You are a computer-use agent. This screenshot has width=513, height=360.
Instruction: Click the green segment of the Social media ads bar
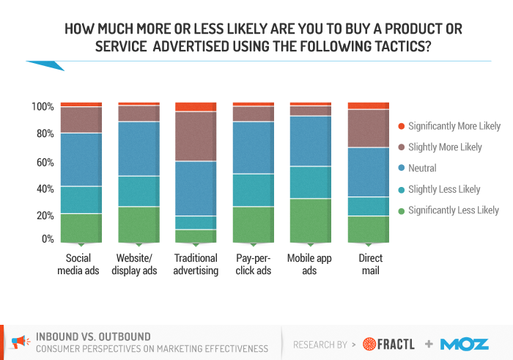coord(81,227)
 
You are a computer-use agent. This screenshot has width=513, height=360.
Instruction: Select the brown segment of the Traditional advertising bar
coord(196,136)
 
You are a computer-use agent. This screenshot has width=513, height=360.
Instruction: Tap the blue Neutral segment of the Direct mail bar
coord(369,172)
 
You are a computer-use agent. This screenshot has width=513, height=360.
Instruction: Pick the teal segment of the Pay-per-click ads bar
coord(253,190)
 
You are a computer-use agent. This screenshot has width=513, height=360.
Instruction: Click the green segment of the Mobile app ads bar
coord(311,220)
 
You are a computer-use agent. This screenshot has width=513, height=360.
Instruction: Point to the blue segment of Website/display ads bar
coord(139,148)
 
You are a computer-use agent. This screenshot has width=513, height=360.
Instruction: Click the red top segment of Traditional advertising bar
coord(196,107)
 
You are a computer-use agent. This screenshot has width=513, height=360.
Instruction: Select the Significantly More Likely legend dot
coord(400,126)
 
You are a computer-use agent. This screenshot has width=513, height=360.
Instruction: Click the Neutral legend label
coord(422,168)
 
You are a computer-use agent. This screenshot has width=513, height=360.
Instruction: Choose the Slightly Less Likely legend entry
coord(443,189)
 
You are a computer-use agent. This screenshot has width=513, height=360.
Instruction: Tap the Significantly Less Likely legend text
coord(453,210)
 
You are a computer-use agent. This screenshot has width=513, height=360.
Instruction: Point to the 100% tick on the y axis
coord(43,107)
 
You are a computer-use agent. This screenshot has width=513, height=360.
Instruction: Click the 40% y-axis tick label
coord(45,188)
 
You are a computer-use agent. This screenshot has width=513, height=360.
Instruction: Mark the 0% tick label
coord(48,239)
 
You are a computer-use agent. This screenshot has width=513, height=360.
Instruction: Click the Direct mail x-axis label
coord(370,264)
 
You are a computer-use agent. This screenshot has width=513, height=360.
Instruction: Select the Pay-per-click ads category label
coord(254,264)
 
